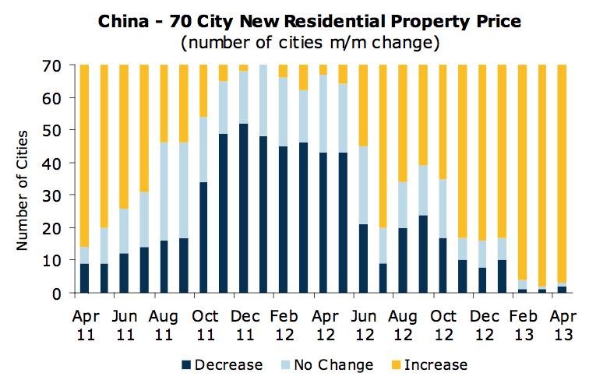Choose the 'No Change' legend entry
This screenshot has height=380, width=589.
336,364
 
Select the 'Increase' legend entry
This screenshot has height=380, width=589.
437,364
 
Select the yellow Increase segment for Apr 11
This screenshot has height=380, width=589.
85,156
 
